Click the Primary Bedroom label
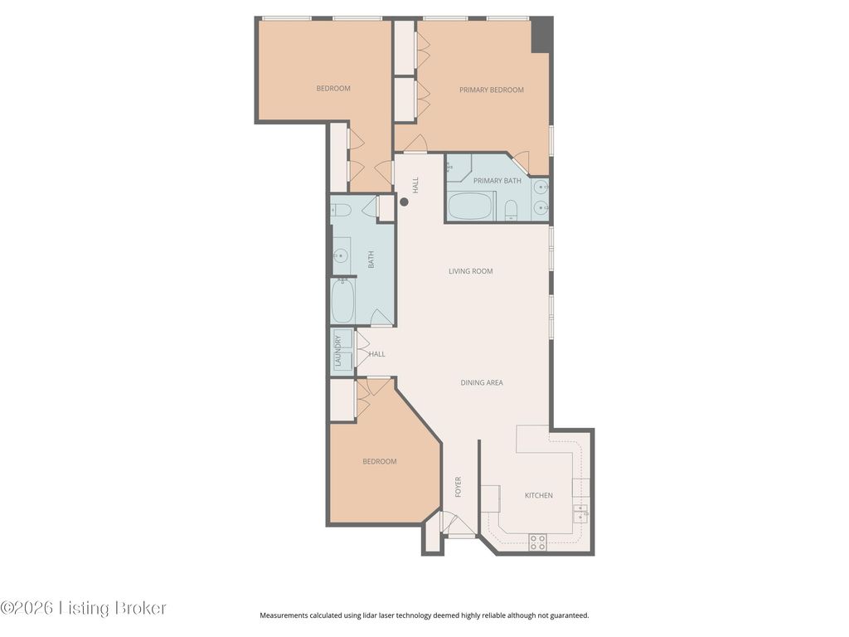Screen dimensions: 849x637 coord(491,90)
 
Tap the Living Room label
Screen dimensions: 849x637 coord(471,271)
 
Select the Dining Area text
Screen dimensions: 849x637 coord(482,382)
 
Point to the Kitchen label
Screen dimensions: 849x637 coord(539,495)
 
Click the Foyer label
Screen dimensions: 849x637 coord(458,487)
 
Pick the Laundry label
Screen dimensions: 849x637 coord(338,351)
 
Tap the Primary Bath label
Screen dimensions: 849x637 coord(497,181)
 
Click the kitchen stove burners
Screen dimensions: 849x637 coord(537,542)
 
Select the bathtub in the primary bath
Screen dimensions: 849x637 coord(471,207)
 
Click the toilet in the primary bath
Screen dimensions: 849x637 coord(511,211)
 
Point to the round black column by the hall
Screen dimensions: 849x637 coord(404,202)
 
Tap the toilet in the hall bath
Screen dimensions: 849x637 coord(341,210)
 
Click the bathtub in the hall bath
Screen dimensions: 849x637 coord(343,300)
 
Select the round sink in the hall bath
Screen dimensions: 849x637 coord(341,255)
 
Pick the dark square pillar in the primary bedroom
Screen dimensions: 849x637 coord(541,35)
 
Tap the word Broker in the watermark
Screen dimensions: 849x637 coord(139,608)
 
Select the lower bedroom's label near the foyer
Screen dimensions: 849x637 coord(380,461)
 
